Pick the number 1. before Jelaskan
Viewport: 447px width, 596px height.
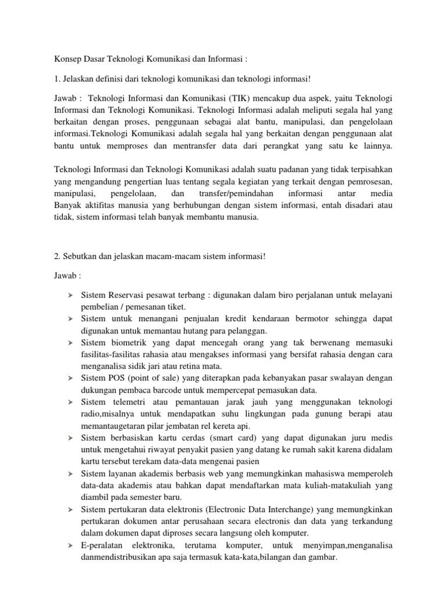pos(58,79)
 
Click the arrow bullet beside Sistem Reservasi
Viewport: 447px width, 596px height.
pos(70,296)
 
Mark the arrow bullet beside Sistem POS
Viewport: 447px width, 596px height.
pos(70,378)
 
